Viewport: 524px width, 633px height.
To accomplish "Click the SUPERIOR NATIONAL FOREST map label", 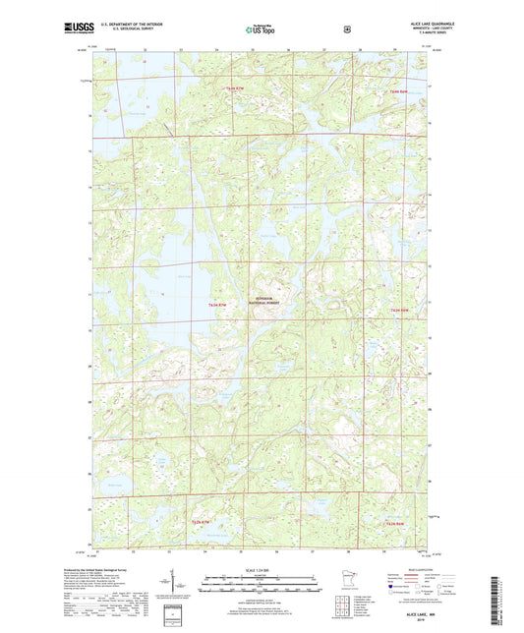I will [x=265, y=300].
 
